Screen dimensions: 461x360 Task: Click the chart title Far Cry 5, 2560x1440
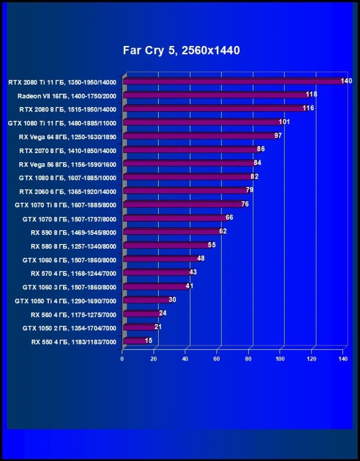[181, 50]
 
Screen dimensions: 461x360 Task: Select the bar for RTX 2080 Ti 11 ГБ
[232, 81]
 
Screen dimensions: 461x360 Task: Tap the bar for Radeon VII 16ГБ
[216, 95]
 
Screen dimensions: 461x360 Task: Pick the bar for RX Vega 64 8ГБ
[199, 136]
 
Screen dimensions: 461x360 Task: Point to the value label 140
[346, 81]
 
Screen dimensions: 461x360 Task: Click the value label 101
[284, 122]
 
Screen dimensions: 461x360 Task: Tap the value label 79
[250, 190]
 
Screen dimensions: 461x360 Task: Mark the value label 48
[201, 259]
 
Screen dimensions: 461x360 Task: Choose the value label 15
[149, 341]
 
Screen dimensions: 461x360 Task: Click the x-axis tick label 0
[122, 359]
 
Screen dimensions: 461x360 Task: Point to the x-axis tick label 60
[217, 359]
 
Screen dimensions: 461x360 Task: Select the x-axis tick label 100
[280, 359]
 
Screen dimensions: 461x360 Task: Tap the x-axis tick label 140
[343, 359]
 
